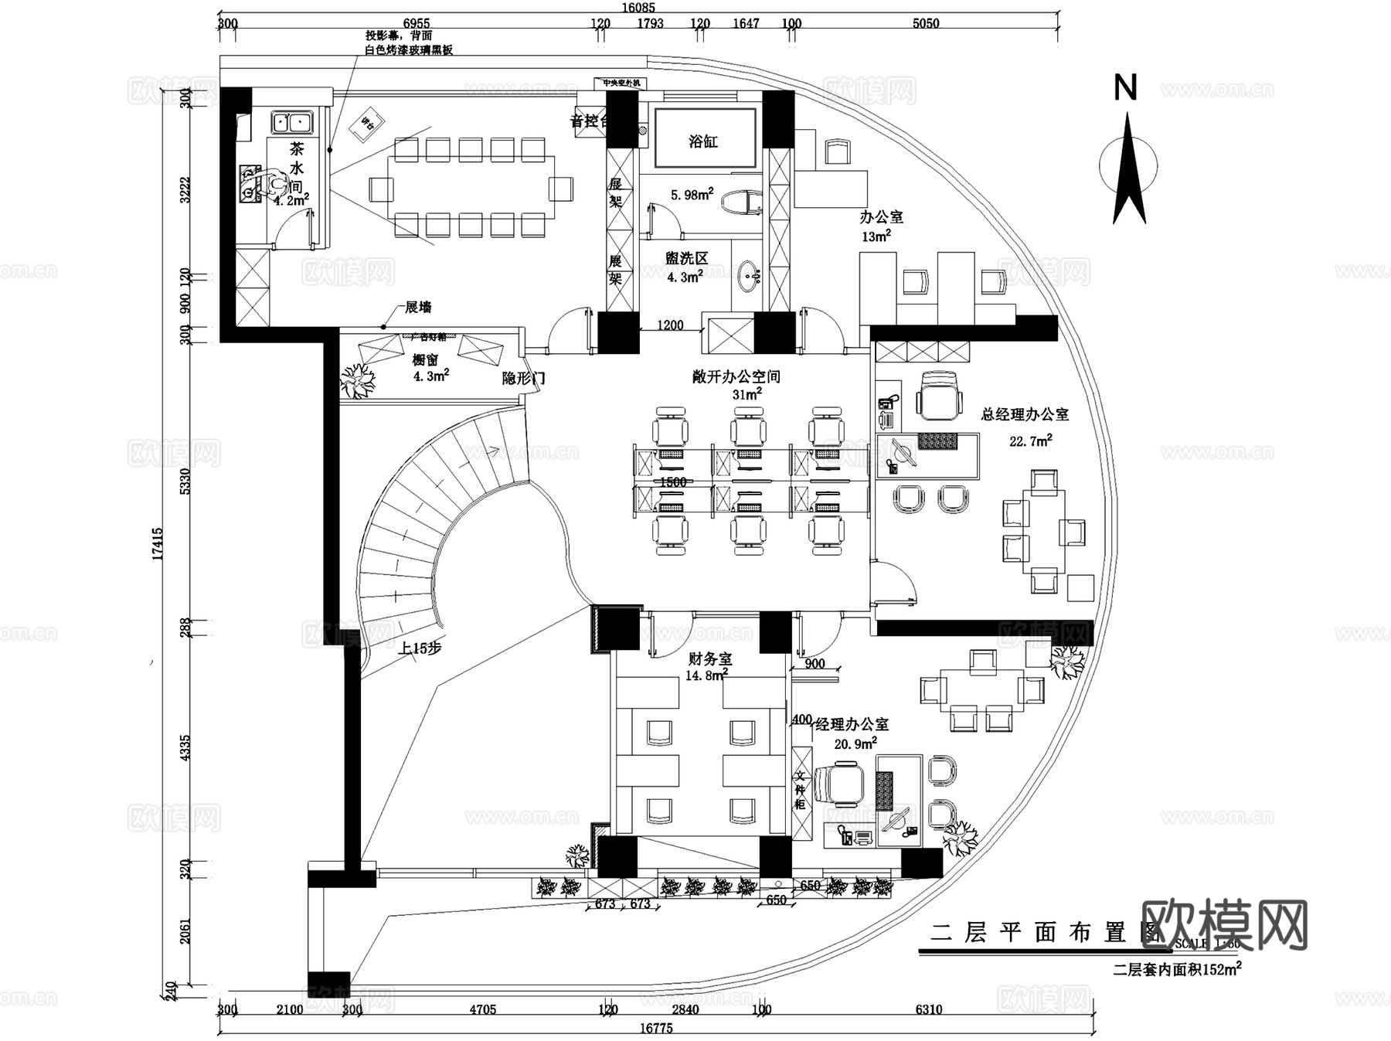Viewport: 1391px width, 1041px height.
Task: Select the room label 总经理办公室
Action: click(x=1025, y=415)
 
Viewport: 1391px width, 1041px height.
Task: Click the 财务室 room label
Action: click(x=709, y=659)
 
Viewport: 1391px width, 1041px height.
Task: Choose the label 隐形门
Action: click(x=523, y=378)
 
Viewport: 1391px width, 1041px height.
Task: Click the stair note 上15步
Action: click(x=420, y=648)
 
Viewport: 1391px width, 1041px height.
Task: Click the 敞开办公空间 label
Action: click(x=736, y=377)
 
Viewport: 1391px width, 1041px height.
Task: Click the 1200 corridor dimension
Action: click(x=670, y=325)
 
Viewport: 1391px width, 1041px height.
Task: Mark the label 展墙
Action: click(x=418, y=308)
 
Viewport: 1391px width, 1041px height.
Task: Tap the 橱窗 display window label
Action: click(x=425, y=360)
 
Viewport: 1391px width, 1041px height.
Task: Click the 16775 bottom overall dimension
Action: click(x=656, y=1029)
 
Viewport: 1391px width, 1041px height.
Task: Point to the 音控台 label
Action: click(x=589, y=121)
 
